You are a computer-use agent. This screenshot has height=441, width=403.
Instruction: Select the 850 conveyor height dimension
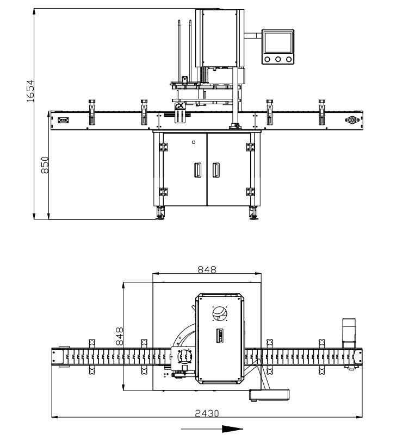point(46,165)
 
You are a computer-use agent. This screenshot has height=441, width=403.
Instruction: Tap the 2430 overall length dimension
point(207,413)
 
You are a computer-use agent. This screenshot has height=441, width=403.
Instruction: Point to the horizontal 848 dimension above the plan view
point(207,269)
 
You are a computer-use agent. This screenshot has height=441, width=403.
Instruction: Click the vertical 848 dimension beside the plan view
point(120,336)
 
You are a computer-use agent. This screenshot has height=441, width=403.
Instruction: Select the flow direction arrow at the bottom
point(212,429)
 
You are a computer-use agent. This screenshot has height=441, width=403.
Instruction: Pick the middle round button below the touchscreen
point(278,59)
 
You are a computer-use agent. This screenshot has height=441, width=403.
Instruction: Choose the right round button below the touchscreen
point(288,59)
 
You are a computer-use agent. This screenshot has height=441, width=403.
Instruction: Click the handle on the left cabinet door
point(198,170)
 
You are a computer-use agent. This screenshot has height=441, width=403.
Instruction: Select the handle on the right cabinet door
point(216,170)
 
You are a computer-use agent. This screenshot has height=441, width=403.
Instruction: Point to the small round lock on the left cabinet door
point(193,142)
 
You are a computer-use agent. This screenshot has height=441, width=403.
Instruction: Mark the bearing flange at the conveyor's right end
point(351,120)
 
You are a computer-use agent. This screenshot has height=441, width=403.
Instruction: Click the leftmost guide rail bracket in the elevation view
point(91,112)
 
